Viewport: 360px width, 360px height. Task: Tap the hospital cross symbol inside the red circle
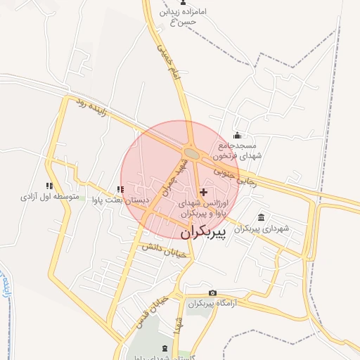204,192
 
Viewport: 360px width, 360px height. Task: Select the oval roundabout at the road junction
191,152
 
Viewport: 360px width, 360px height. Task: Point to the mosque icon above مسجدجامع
237,136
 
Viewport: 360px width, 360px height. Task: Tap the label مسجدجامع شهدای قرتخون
238,150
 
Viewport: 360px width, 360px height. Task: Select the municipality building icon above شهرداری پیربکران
262,217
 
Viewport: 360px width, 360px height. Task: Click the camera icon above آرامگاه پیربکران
212,292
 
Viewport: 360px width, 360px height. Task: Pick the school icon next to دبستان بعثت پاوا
120,189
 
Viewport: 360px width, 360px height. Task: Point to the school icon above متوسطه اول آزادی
49,186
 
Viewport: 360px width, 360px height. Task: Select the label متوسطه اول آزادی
49,198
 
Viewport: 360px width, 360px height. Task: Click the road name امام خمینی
165,60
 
